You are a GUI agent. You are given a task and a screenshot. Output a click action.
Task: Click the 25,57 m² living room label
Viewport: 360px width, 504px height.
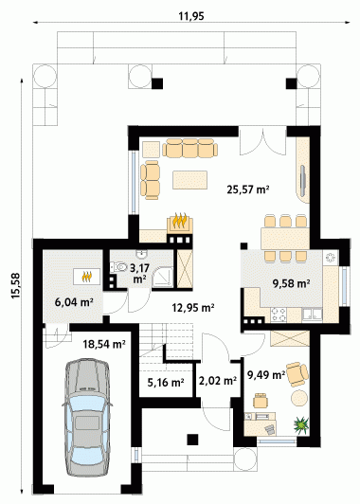[248, 189]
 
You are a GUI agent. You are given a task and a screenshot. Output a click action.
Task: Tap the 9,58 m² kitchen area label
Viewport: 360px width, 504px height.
[291, 283]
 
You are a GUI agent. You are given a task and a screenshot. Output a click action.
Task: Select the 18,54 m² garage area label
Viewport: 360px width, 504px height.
[104, 344]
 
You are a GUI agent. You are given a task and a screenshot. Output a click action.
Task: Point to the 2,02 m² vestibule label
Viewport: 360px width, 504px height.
[218, 381]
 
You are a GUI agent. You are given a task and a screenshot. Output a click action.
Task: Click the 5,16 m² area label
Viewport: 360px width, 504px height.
[166, 382]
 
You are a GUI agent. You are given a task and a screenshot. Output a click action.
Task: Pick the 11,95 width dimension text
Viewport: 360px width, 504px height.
[191, 16]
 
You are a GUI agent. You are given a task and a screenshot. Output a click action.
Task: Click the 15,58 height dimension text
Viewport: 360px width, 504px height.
[16, 286]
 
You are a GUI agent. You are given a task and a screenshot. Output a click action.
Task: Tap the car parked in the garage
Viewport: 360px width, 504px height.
[87, 419]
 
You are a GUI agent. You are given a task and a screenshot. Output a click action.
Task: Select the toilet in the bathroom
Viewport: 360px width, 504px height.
[118, 267]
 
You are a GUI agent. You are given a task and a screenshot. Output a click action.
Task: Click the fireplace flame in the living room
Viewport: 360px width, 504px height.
[180, 221]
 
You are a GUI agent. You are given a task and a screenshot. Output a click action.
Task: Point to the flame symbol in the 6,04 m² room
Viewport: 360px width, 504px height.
[87, 277]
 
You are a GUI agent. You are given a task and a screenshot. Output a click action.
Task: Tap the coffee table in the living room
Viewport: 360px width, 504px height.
[189, 180]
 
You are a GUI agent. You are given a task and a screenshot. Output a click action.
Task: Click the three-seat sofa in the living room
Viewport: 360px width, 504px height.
[190, 148]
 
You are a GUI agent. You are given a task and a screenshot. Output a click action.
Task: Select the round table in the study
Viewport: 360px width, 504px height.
[300, 398]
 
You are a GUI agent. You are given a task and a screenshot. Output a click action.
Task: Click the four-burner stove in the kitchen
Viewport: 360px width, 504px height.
[279, 315]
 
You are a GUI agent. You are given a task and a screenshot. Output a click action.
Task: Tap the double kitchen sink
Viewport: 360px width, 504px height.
[312, 315]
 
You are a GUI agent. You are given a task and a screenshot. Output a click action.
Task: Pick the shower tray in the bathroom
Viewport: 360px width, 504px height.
[163, 277]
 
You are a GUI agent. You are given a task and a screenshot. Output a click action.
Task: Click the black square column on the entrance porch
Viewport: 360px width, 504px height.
[192, 440]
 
